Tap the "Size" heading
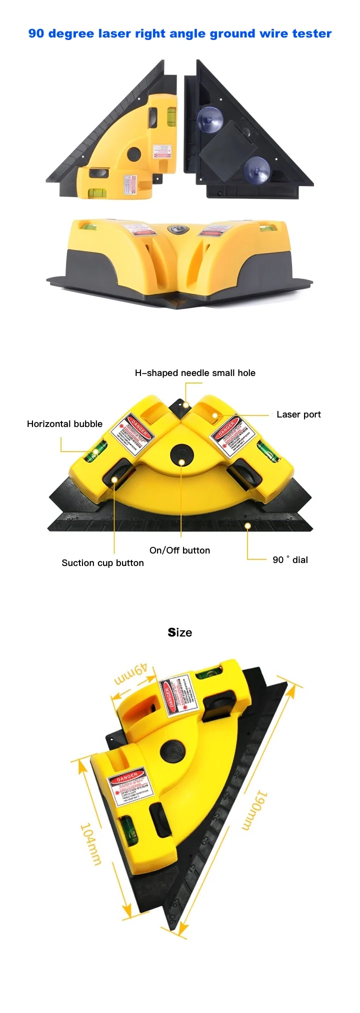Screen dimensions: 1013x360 tap(180, 632)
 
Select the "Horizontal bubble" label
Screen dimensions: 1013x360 tap(64, 424)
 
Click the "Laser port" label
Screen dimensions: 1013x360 tap(298, 414)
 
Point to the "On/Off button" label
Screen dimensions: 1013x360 tap(179, 550)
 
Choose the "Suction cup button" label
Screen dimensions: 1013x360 tap(102, 563)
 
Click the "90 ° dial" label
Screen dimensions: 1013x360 tap(290, 560)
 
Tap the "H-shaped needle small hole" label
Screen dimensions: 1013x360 tap(195, 373)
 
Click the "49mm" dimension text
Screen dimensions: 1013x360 tap(131, 675)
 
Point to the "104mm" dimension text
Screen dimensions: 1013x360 tap(90, 844)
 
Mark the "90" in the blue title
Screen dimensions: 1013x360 tap(36, 33)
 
